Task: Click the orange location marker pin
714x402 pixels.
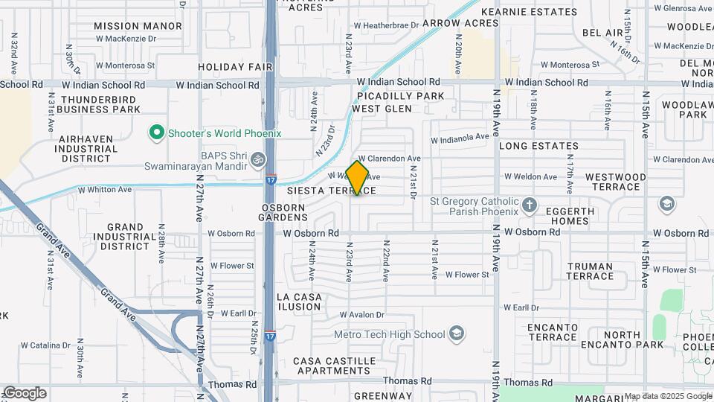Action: [x=358, y=177]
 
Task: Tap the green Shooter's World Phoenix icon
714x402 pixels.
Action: [x=156, y=133]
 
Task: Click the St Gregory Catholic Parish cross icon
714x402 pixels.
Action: [x=529, y=205]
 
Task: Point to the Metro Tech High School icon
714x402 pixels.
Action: [x=457, y=333]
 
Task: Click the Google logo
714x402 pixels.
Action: [x=25, y=393]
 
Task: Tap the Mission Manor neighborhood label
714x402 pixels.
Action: [x=138, y=26]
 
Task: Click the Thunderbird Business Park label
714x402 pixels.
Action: [x=100, y=104]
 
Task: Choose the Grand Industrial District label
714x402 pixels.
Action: [x=125, y=237]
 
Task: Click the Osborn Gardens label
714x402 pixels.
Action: [x=283, y=211]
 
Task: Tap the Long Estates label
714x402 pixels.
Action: [x=538, y=147]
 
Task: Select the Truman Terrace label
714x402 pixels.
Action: [x=590, y=271]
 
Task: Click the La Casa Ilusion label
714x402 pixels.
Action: [x=300, y=301]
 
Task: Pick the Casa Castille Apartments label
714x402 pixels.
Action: [x=332, y=366]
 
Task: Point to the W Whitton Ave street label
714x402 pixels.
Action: [x=105, y=191]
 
